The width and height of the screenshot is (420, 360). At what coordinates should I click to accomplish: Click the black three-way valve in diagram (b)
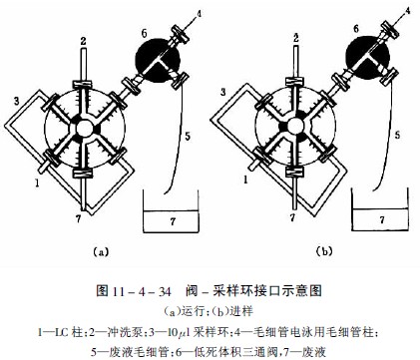pyautogui.click(x=368, y=58)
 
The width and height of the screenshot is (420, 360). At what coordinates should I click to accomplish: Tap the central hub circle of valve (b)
pyautogui.click(x=293, y=127)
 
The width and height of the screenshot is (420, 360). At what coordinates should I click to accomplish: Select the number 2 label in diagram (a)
pyautogui.click(x=83, y=41)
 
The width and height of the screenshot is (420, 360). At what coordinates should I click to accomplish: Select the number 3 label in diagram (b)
pyautogui.click(x=224, y=92)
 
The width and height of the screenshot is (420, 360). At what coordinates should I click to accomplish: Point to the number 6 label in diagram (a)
pyautogui.click(x=144, y=33)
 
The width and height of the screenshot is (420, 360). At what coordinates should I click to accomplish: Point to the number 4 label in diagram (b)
pyautogui.click(x=408, y=11)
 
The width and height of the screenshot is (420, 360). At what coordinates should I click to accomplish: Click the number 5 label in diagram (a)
pyautogui.click(x=188, y=136)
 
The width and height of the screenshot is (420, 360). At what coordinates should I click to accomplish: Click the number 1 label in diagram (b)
pyautogui.click(x=245, y=180)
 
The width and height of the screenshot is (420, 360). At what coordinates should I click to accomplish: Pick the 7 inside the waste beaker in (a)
pyautogui.click(x=173, y=221)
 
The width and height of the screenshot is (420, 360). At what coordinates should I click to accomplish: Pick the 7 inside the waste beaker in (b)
pyautogui.click(x=382, y=219)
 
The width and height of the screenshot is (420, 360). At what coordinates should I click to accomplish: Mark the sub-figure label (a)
pyautogui.click(x=100, y=251)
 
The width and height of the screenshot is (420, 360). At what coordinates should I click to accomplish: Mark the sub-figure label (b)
pyautogui.click(x=324, y=251)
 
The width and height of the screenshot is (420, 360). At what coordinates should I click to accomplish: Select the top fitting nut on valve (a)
pyautogui.click(x=83, y=84)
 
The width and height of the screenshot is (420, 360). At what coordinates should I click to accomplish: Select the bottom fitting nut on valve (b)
pyautogui.click(x=295, y=172)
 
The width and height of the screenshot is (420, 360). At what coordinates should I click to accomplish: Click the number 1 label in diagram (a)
pyautogui.click(x=37, y=182)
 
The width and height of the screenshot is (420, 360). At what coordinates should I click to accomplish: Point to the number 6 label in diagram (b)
pyautogui.click(x=356, y=29)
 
